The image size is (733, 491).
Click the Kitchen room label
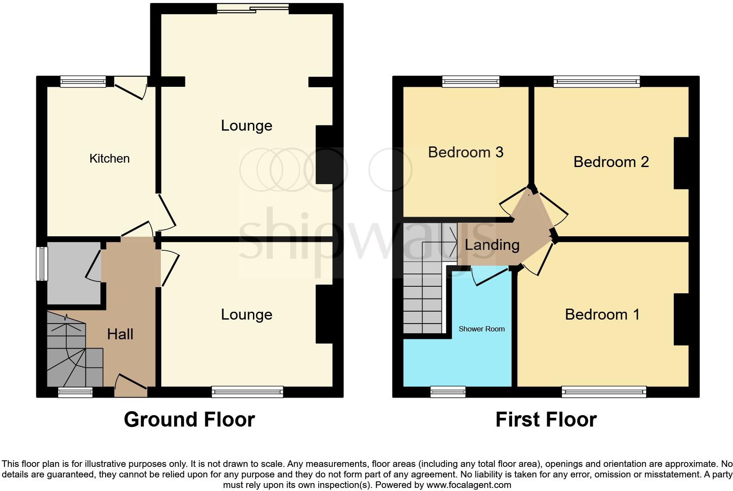pyautogui.click(x=110, y=158)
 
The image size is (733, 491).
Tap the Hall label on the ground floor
pyautogui.click(x=120, y=334)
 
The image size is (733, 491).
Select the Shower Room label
pyautogui.click(x=481, y=329)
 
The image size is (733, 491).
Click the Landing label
pyautogui.click(x=492, y=245)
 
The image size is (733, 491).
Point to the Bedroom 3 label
pyautogui.click(x=466, y=152)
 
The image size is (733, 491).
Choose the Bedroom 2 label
pyautogui.click(x=611, y=162)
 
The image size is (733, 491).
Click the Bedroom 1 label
pyautogui.click(x=602, y=314)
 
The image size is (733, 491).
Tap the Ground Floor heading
pyautogui.click(x=189, y=420)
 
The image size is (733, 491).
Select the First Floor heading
pyautogui.click(x=546, y=420)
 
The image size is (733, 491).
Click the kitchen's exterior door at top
pyautogui.click(x=131, y=88)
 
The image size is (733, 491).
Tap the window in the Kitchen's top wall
pyautogui.click(x=83, y=82)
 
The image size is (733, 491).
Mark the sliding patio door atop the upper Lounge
pyautogui.click(x=253, y=8)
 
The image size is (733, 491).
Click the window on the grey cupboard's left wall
pyautogui.click(x=42, y=263)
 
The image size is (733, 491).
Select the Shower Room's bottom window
pyautogui.click(x=448, y=392)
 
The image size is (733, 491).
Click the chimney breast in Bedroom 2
pyautogui.click(x=681, y=163)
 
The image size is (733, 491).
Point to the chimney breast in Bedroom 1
pyautogui.click(x=681, y=319)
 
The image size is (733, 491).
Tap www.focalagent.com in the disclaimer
pyautogui.click(x=469, y=485)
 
